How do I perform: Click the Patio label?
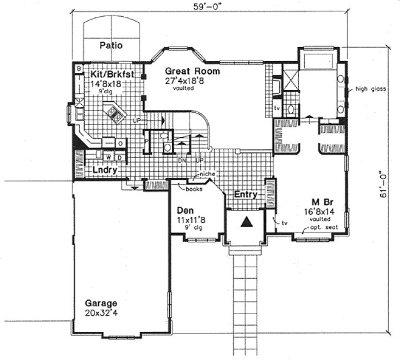tap(111, 46)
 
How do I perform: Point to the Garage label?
tap(100, 303)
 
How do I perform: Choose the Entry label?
tap(245, 195)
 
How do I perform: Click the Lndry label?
tap(105, 170)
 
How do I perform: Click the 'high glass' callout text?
tap(370, 89)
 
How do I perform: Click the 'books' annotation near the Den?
tap(194, 189)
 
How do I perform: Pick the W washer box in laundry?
tap(108, 157)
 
